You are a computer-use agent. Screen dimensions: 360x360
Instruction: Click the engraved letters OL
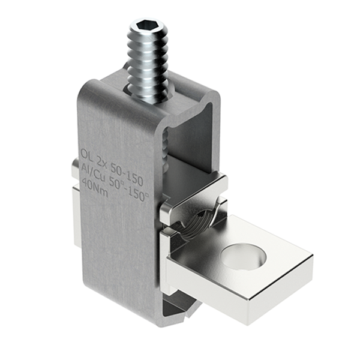(x=87, y=153)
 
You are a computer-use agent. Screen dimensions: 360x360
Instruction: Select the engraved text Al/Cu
(x=95, y=169)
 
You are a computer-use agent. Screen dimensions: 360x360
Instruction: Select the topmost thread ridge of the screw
(x=147, y=37)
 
